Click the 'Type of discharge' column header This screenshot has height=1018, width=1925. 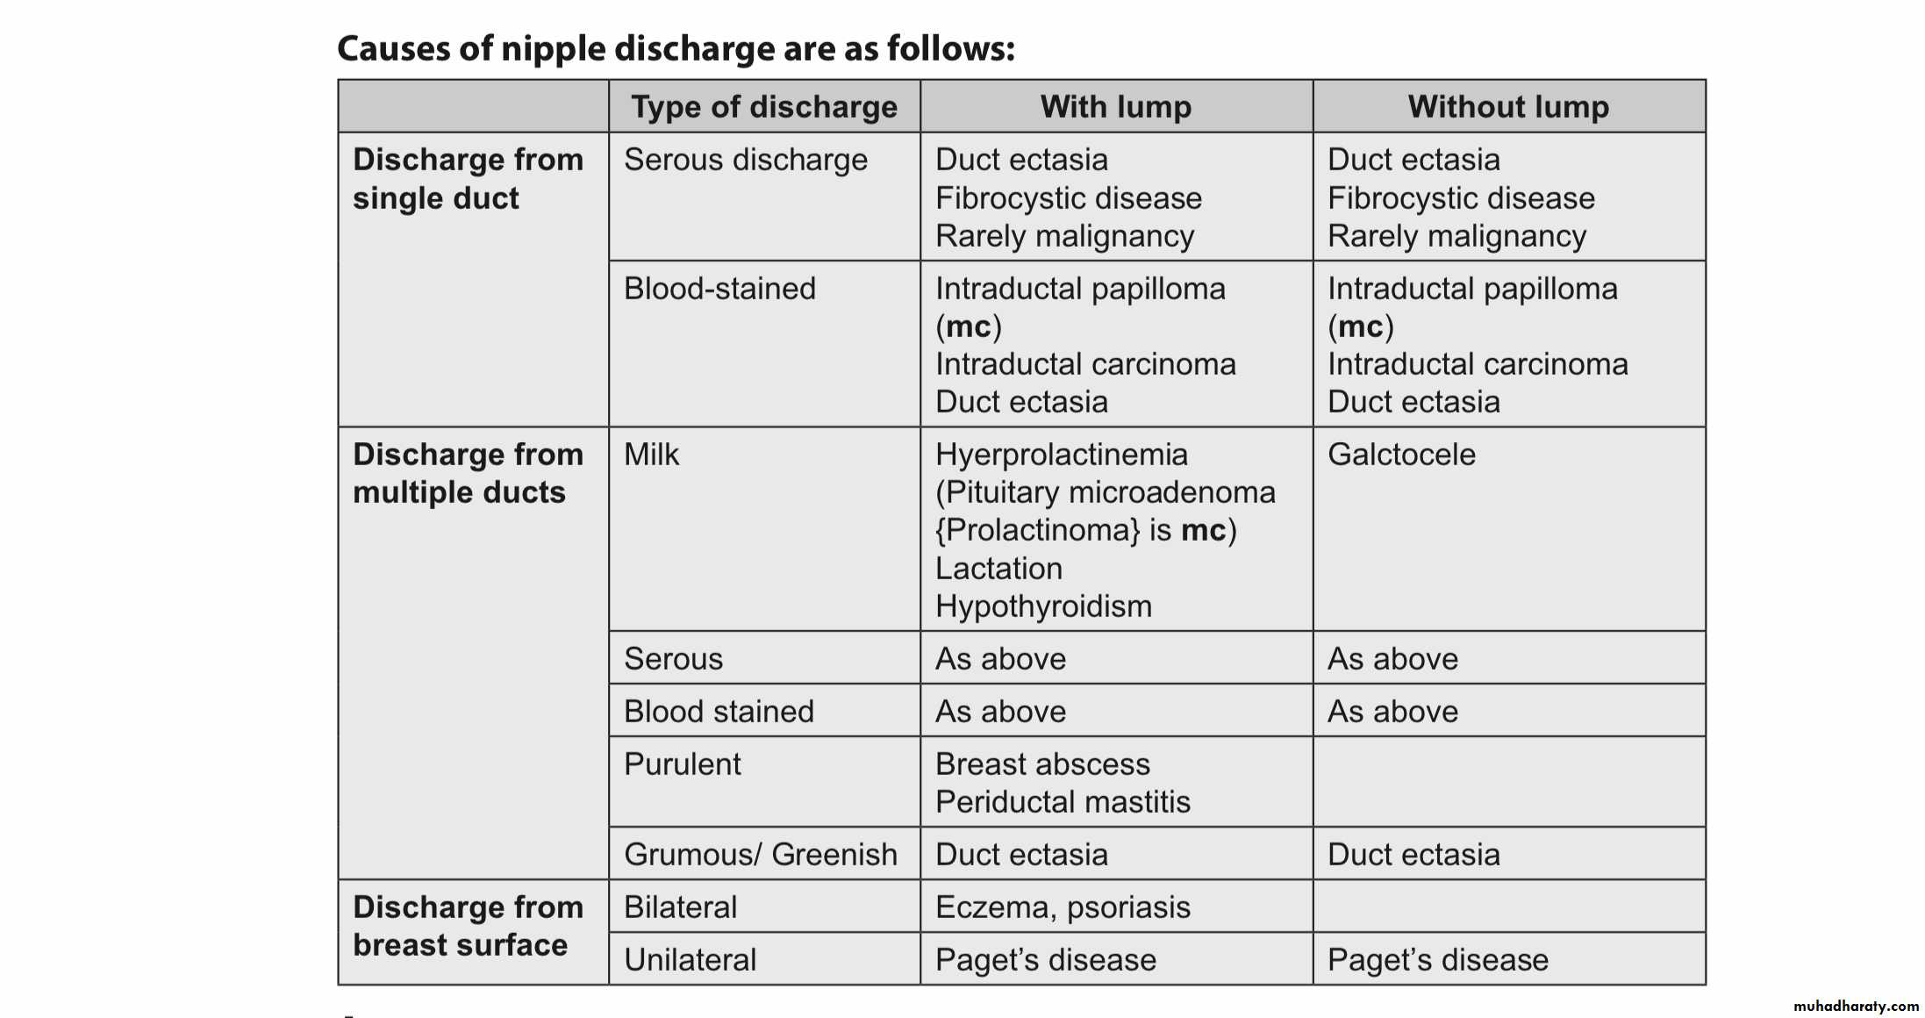click(x=764, y=107)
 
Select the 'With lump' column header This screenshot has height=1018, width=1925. click(x=1116, y=107)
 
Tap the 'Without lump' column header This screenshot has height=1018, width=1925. click(x=1508, y=107)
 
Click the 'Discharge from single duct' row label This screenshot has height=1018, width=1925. click(x=468, y=179)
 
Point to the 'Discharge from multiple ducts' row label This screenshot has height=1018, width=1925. click(x=468, y=473)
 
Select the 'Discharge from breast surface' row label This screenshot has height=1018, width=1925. click(x=468, y=926)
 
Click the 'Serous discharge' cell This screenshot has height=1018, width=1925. click(x=745, y=160)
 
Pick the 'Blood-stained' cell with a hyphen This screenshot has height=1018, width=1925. click(x=719, y=289)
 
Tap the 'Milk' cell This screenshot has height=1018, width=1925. click(x=651, y=455)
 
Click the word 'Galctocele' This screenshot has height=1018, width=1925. click(x=1401, y=455)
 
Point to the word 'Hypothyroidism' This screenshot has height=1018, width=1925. click(x=1043, y=606)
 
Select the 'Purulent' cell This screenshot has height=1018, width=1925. click(x=682, y=764)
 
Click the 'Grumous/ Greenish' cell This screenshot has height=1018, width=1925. click(x=760, y=855)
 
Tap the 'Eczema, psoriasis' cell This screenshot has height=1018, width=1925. click(x=1063, y=907)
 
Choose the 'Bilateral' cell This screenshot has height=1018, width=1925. click(x=680, y=907)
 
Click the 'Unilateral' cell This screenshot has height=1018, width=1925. click(x=690, y=960)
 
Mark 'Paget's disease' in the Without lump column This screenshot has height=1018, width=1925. click(x=1437, y=960)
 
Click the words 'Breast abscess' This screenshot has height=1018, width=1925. click(x=1042, y=764)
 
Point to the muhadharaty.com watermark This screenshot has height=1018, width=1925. click(x=1856, y=1007)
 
